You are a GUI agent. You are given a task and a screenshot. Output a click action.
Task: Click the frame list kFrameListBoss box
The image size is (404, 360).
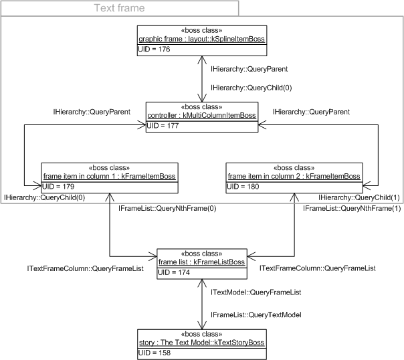(201, 262)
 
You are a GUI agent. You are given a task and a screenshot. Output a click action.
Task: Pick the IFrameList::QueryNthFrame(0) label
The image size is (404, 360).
(159, 209)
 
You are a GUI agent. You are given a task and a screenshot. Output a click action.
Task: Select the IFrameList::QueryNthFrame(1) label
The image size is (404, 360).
(343, 209)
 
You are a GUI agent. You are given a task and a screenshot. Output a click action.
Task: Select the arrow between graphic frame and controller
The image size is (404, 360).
(201, 78)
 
